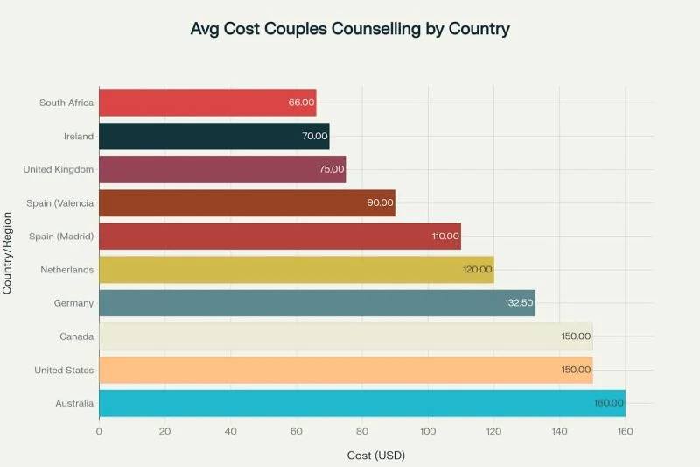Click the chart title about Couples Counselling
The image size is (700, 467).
coord(350,29)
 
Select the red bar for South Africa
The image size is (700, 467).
coord(207,103)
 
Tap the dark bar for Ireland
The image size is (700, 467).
coord(213,136)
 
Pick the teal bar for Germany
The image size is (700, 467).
coord(317,302)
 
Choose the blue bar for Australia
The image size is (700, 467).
coord(362,403)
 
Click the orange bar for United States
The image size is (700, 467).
coord(346,370)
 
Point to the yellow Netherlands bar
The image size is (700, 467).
coord(296,270)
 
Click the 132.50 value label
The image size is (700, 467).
coord(517,303)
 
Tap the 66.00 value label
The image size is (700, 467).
coord(301,103)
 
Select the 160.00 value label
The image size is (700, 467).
coord(608,403)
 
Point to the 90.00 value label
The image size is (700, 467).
coord(380,203)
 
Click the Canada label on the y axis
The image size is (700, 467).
coord(76,336)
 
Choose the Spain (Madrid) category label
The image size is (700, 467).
coord(63,237)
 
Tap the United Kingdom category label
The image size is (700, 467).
coord(55,169)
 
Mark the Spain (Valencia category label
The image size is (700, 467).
coord(61,203)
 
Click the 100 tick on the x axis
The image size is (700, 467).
coord(428,430)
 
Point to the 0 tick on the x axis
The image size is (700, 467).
coord(100,430)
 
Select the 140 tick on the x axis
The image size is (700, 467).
coord(559,430)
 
